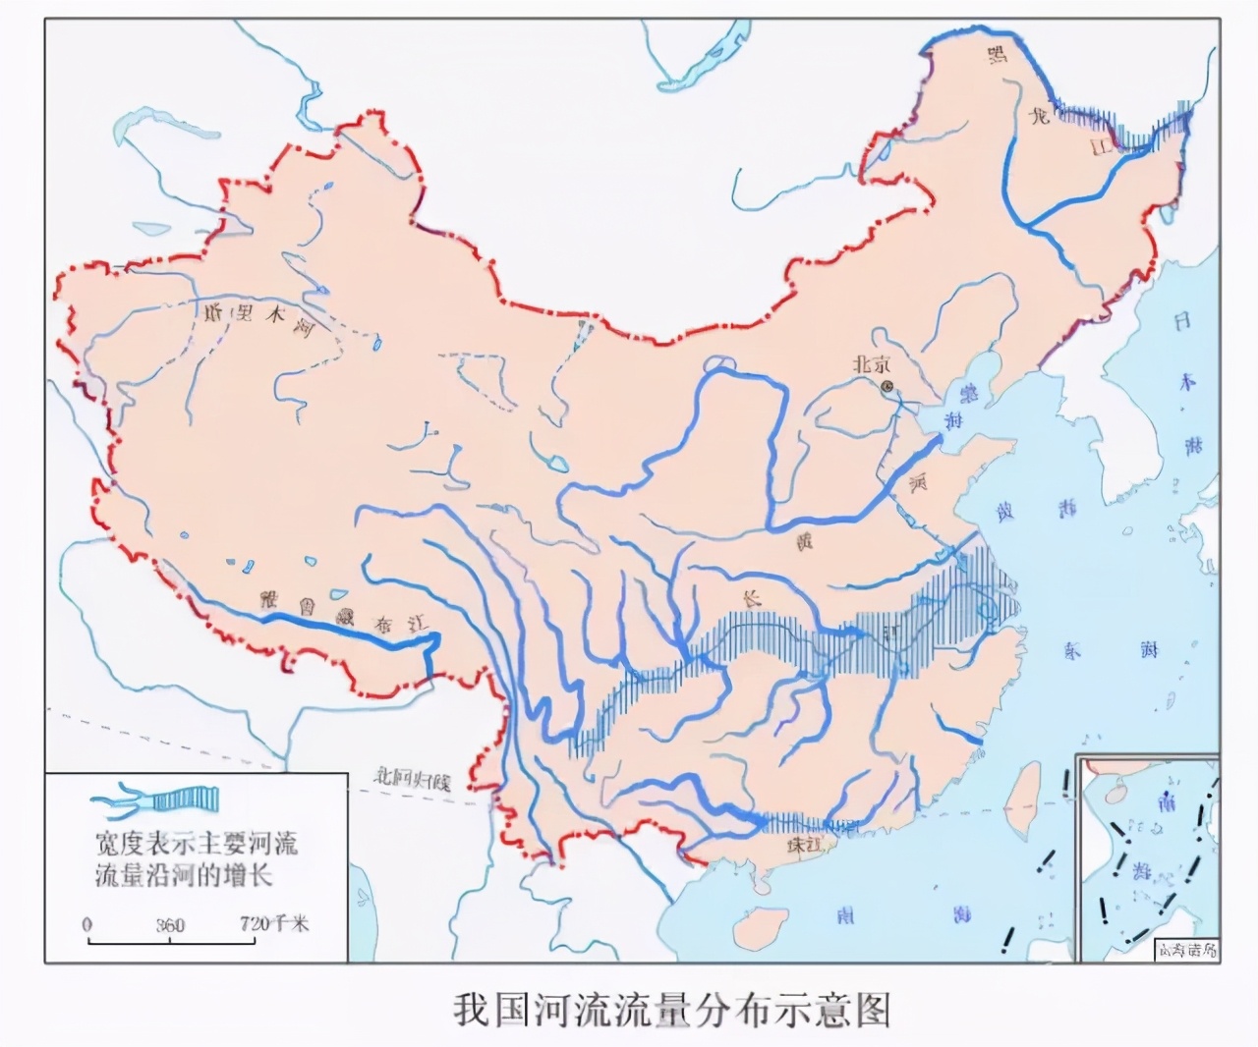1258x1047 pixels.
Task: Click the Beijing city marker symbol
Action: [888, 387]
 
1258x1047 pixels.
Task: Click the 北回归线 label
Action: [410, 781]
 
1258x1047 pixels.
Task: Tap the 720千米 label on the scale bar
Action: [274, 924]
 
